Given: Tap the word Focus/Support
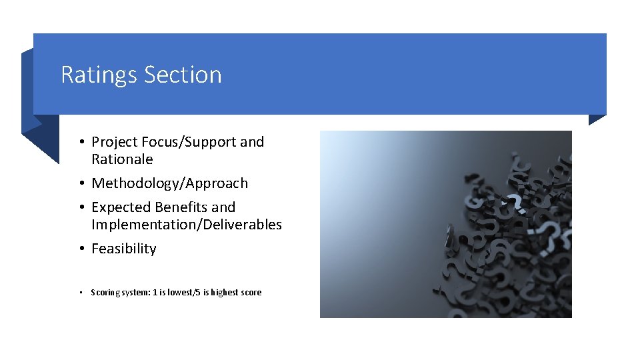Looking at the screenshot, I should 187,142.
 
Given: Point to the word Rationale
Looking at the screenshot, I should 122,159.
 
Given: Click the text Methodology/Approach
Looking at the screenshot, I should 169,183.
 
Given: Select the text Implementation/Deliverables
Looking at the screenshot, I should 187,225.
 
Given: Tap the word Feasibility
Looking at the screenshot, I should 123,249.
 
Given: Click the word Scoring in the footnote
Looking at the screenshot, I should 103,293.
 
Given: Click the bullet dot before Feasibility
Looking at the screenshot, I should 80,249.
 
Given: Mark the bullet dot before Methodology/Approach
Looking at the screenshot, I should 80,183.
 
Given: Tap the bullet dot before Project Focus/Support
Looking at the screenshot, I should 80,142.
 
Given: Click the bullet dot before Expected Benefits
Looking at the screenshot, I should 80,207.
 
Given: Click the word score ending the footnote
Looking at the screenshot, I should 252,293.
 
